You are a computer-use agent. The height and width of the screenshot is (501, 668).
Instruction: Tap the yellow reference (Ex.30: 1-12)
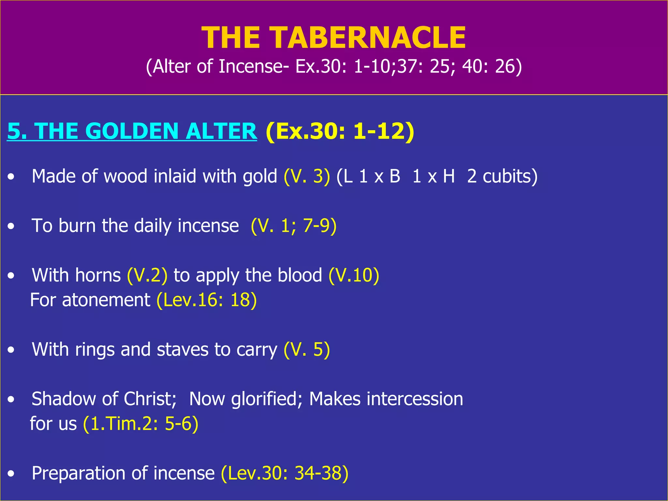click(340, 131)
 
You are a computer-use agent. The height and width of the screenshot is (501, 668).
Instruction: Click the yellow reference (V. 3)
click(307, 176)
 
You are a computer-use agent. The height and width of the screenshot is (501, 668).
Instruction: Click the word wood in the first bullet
click(125, 176)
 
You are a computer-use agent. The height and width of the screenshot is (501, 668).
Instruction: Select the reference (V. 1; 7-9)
click(294, 226)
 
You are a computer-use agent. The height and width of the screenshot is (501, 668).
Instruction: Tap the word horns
click(98, 275)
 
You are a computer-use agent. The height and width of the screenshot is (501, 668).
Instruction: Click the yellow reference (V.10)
click(354, 275)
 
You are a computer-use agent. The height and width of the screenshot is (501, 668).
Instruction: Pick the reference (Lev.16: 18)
click(206, 300)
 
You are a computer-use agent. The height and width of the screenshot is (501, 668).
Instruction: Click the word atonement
click(106, 300)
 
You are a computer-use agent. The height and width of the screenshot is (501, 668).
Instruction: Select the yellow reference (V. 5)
click(307, 350)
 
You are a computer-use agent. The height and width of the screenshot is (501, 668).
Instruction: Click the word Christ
click(150, 399)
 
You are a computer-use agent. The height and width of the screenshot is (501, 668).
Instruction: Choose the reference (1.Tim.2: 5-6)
click(141, 424)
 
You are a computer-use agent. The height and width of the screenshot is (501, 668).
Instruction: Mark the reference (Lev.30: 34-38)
click(284, 473)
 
